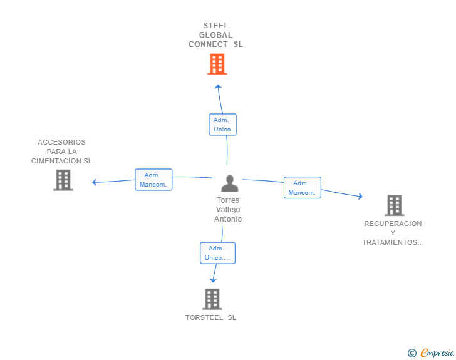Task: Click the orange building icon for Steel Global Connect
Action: coord(217,64)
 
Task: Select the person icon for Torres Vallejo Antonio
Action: coord(230,183)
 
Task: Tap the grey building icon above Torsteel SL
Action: coord(212,299)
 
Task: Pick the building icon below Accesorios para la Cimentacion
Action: coord(63,180)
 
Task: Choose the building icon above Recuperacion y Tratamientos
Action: coord(393,205)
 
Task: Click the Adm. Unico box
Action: coord(222,125)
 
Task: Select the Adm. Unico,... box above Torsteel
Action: coord(217,253)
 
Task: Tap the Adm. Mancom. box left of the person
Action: coord(153,180)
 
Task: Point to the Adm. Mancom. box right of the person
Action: coord(302,188)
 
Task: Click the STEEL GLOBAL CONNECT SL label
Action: coord(216,35)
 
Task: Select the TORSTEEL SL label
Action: coord(211,317)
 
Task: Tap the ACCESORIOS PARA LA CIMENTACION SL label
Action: coord(61,152)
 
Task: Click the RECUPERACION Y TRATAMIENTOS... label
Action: coord(393,233)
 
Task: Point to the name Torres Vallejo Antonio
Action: coord(228,210)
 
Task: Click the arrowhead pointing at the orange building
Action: coord(217,86)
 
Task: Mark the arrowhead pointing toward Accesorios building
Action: coord(95,183)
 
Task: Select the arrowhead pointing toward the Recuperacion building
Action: coord(360,197)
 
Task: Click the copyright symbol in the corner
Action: coord(412,353)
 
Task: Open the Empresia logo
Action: coord(437,353)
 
